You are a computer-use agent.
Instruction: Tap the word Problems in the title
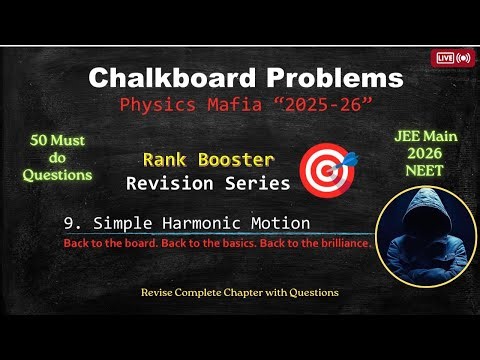(x=326, y=78)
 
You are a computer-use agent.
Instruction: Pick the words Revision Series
(x=207, y=183)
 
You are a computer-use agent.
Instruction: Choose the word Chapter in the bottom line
(x=249, y=292)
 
